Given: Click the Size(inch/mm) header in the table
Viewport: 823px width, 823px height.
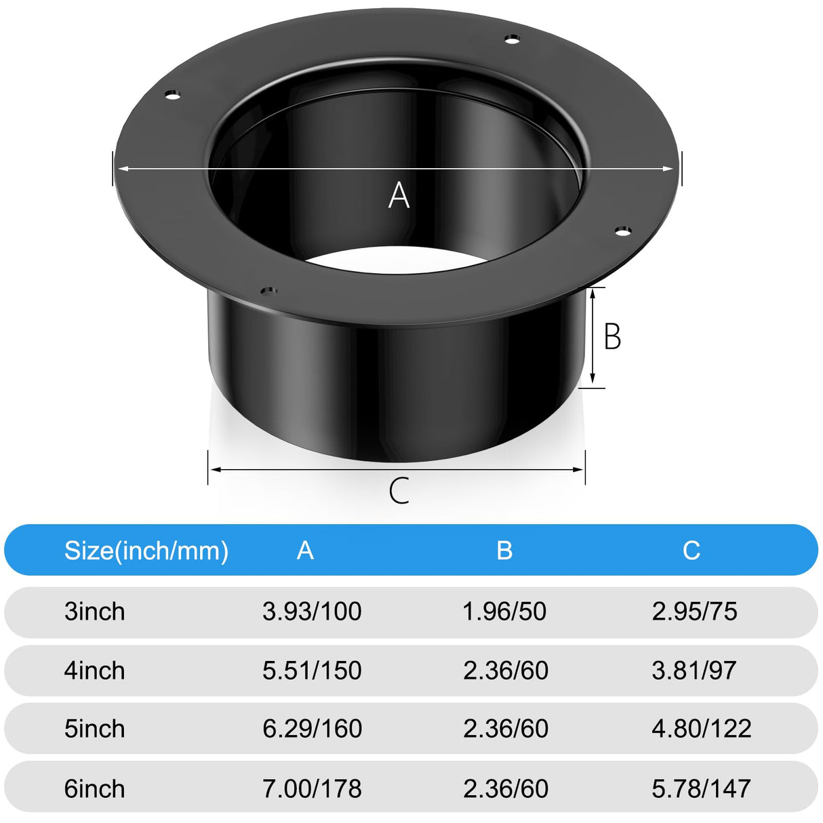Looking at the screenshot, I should point(146,550).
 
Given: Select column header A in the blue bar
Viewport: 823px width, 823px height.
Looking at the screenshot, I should point(305,550).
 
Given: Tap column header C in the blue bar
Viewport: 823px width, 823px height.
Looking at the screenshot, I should point(691,550).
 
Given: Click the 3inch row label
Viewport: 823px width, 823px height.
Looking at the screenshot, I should point(94,611).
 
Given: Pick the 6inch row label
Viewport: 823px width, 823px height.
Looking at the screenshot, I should point(94,788).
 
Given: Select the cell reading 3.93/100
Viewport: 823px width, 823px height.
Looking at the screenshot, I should point(312,611).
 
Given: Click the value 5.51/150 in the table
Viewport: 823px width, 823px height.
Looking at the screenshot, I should point(312,670).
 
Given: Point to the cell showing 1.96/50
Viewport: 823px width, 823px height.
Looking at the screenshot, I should point(504,611).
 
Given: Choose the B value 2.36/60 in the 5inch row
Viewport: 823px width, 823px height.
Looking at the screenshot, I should point(506,729).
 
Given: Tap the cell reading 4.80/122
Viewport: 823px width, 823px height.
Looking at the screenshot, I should point(701,729).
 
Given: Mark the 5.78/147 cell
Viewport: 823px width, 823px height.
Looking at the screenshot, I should point(701,788).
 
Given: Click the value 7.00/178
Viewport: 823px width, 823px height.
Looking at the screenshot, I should point(312,788).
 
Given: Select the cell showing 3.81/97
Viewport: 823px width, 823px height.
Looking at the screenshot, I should point(694,670).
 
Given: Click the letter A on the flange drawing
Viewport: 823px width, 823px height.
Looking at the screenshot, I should point(399,196).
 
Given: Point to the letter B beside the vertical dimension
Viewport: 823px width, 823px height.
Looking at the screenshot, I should point(611,337).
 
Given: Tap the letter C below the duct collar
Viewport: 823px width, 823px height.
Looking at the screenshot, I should point(399,491).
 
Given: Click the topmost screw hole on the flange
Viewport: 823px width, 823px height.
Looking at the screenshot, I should point(513,39).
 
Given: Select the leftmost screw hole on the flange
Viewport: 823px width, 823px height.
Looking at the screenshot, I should point(174,94).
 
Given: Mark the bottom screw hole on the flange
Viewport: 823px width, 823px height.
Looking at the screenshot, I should point(269,292).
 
